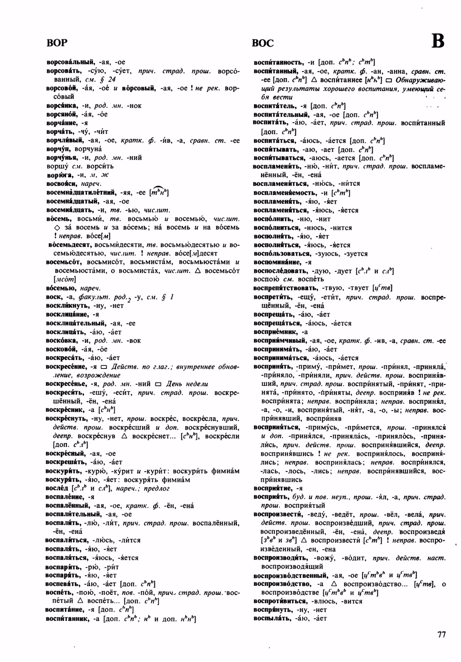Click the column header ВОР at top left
point(57,43)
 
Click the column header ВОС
point(263,43)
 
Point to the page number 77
point(442,634)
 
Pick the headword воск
point(53,297)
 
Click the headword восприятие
point(273,488)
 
